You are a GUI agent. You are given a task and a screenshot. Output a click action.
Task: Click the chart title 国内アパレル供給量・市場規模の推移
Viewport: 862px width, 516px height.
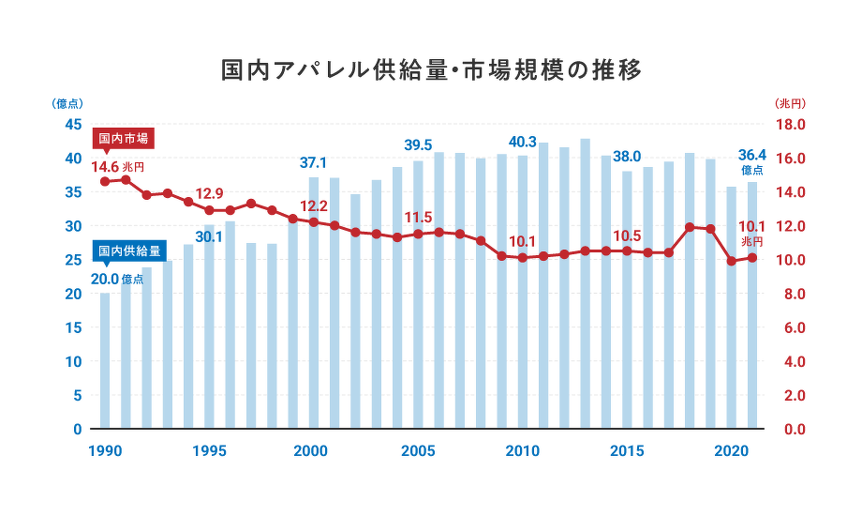(x=431, y=70)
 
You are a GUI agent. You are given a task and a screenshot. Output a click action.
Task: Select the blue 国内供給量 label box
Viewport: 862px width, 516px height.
(x=129, y=251)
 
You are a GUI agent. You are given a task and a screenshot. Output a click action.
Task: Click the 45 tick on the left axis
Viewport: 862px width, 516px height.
(x=72, y=125)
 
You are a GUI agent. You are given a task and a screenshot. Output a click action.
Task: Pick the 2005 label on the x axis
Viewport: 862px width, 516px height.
(x=417, y=450)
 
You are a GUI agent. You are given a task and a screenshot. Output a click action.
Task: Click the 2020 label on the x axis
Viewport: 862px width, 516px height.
(x=731, y=450)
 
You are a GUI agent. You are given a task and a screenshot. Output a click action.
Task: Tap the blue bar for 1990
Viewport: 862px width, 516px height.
(x=105, y=361)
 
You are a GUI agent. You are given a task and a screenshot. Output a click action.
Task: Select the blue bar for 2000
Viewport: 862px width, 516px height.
(x=314, y=303)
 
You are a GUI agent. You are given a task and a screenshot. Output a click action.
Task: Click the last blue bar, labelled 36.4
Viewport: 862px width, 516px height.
(x=751, y=306)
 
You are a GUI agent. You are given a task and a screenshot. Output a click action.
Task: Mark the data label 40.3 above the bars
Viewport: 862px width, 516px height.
(x=522, y=142)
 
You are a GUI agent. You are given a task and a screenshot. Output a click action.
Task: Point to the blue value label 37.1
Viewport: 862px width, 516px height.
(x=314, y=162)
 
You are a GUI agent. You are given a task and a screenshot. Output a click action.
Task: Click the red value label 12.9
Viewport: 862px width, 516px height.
(x=209, y=194)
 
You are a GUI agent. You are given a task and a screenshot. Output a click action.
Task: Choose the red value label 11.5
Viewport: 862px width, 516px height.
(x=418, y=217)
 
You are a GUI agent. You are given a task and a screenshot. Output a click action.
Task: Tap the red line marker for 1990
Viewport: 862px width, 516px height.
(x=105, y=181)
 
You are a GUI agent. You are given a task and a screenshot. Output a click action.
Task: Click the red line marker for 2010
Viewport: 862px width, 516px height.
(x=522, y=257)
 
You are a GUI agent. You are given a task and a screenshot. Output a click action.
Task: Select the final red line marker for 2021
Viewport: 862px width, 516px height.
(x=751, y=257)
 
